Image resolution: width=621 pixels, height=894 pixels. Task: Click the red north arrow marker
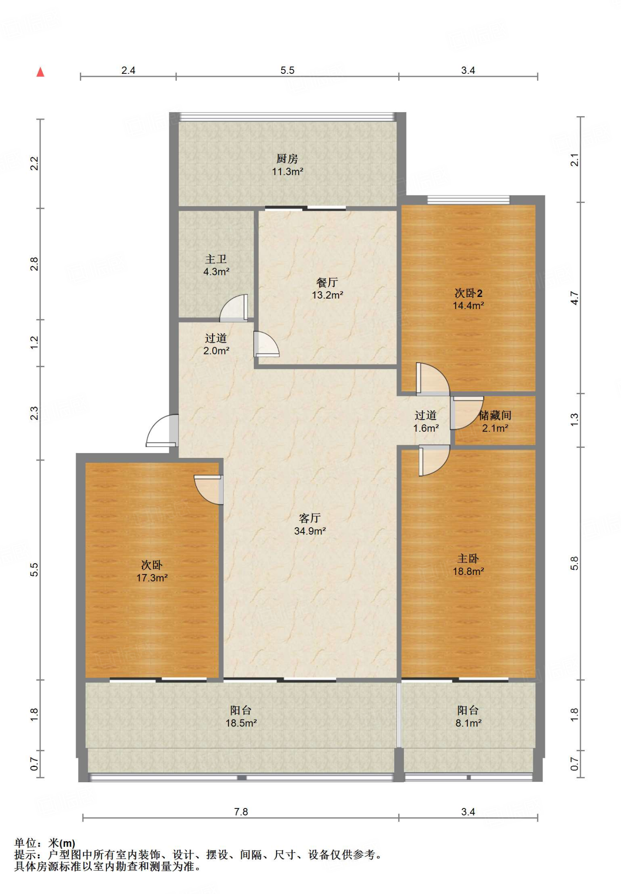pyautogui.click(x=40, y=72)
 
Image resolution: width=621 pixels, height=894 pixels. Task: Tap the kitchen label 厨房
pyautogui.click(x=287, y=158)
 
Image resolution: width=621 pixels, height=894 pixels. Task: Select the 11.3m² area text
pyautogui.click(x=287, y=172)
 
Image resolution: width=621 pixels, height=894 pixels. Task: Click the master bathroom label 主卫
pyautogui.click(x=216, y=259)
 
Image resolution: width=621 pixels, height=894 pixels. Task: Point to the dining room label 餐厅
pyautogui.click(x=327, y=282)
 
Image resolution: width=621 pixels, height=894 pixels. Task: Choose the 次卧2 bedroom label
pyautogui.click(x=468, y=293)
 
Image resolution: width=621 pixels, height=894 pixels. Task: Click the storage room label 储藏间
pyautogui.click(x=495, y=415)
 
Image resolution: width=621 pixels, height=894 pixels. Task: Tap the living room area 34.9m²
pyautogui.click(x=310, y=531)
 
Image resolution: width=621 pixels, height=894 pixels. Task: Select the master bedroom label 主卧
pyautogui.click(x=468, y=558)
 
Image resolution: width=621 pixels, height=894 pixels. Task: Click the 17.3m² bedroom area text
pyautogui.click(x=152, y=578)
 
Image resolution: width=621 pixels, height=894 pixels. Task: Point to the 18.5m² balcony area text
pyautogui.click(x=241, y=723)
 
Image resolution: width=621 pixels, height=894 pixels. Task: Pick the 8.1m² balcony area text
pyautogui.click(x=468, y=723)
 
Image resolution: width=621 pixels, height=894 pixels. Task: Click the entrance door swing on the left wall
pyautogui.click(x=162, y=430)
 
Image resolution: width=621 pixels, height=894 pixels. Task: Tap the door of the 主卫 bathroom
pyautogui.click(x=234, y=308)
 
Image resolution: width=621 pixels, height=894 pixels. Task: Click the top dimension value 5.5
pyautogui.click(x=287, y=70)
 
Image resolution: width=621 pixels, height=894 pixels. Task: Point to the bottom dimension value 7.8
pyautogui.click(x=241, y=811)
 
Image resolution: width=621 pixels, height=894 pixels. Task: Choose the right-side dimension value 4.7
pyautogui.click(x=574, y=298)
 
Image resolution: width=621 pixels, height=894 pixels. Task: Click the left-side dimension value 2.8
pyautogui.click(x=34, y=264)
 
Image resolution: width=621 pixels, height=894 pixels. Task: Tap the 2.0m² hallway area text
pyautogui.click(x=216, y=351)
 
